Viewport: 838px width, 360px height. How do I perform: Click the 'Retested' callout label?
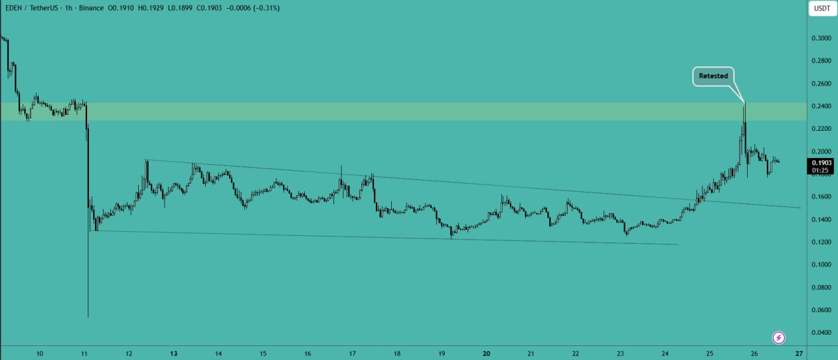pyautogui.click(x=713, y=76)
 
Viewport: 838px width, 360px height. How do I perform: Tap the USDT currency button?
pyautogui.click(x=821, y=9)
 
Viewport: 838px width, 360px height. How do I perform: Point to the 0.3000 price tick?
pyautogui.click(x=821, y=39)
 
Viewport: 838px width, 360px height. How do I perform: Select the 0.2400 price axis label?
pyautogui.click(x=821, y=106)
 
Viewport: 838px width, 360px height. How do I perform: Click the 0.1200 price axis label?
pyautogui.click(x=821, y=242)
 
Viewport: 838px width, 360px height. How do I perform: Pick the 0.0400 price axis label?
pyautogui.click(x=821, y=333)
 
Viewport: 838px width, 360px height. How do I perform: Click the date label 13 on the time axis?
pyautogui.click(x=174, y=354)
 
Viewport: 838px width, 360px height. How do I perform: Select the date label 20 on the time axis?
pyautogui.click(x=487, y=354)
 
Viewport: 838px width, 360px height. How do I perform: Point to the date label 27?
pyautogui.click(x=800, y=354)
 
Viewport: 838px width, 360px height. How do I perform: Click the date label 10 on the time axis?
pyautogui.click(x=40, y=354)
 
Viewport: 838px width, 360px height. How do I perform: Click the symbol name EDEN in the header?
pyautogui.click(x=14, y=8)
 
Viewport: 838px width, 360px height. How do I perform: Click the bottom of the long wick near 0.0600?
pyautogui.click(x=88, y=316)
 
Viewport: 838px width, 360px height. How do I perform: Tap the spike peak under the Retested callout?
pyautogui.click(x=744, y=103)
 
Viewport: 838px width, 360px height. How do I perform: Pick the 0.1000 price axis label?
pyautogui.click(x=821, y=264)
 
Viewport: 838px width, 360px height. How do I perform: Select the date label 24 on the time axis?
pyautogui.click(x=665, y=354)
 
